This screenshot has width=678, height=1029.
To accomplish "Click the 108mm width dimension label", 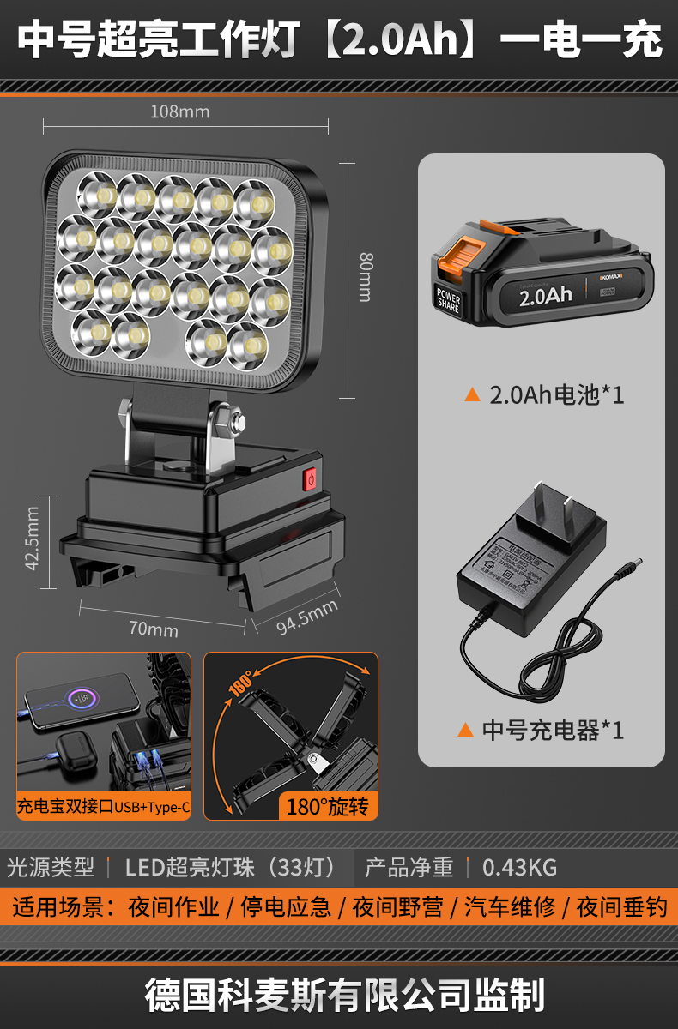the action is tap(180, 111).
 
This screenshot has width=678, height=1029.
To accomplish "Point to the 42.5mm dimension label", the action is tap(33, 539).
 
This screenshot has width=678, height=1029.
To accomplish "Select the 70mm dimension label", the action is tap(154, 629).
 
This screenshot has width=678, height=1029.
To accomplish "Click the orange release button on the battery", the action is tap(457, 253).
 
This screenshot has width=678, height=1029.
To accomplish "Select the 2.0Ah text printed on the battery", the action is tap(545, 296).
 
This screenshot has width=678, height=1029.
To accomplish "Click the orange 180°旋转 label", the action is tap(326, 806).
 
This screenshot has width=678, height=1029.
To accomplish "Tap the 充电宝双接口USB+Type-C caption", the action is tap(104, 807).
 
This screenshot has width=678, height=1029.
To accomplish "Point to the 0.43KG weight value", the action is tap(519, 867).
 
